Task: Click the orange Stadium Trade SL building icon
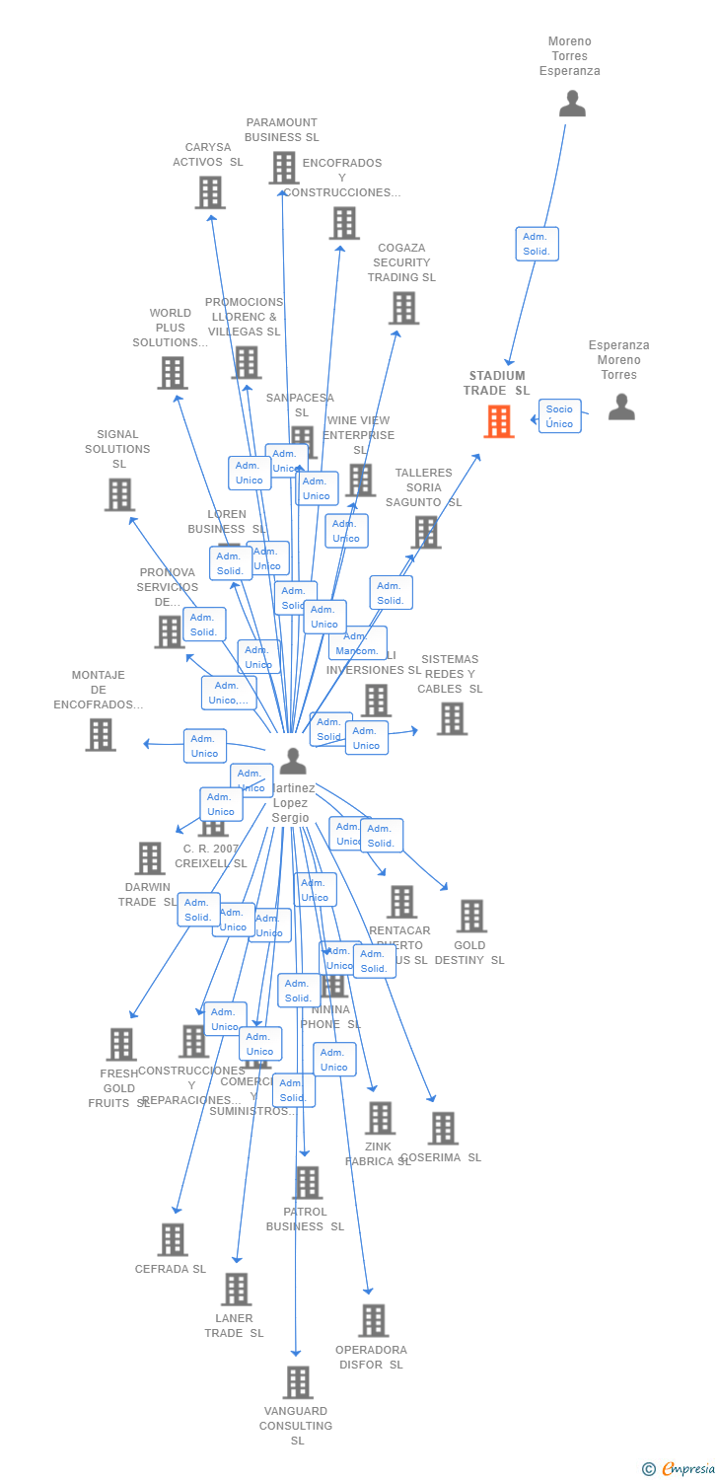tap(499, 421)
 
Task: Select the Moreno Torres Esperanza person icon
tap(572, 104)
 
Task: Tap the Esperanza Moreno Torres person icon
tap(621, 407)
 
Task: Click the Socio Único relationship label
tap(559, 416)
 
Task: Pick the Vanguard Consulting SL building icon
tap(298, 1382)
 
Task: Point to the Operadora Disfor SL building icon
tap(373, 1320)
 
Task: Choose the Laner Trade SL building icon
tap(236, 1289)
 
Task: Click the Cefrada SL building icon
tap(173, 1239)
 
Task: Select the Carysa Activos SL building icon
tap(210, 192)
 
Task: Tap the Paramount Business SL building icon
tap(284, 168)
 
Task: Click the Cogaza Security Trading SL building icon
tap(403, 308)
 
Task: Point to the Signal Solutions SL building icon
tap(119, 494)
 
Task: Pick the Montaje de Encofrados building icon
tap(101, 734)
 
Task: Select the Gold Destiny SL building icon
tap(471, 916)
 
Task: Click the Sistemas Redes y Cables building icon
tap(452, 718)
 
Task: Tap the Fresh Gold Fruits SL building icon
tap(121, 1044)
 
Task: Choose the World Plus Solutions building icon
tap(173, 373)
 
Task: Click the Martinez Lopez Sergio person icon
tap(293, 761)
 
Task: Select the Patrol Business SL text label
tap(305, 1219)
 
